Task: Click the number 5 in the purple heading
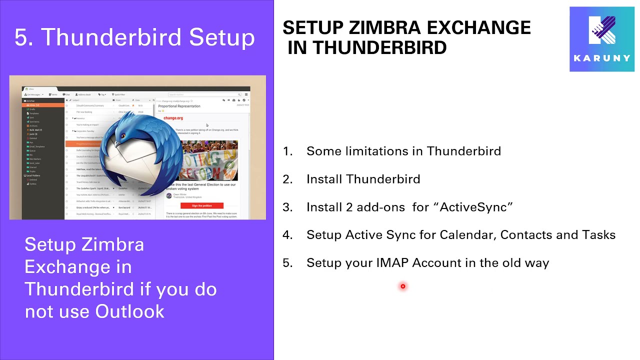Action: [20, 38]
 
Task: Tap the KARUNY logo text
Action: [602, 58]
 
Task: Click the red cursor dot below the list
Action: [402, 286]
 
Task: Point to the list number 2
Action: [287, 179]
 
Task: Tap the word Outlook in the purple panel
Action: [129, 311]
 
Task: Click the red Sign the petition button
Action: [201, 205]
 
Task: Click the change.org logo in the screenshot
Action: [173, 118]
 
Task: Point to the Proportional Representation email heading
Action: [179, 106]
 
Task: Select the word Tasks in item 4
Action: [598, 235]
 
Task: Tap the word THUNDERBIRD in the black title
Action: [379, 48]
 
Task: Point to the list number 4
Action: [287, 235]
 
